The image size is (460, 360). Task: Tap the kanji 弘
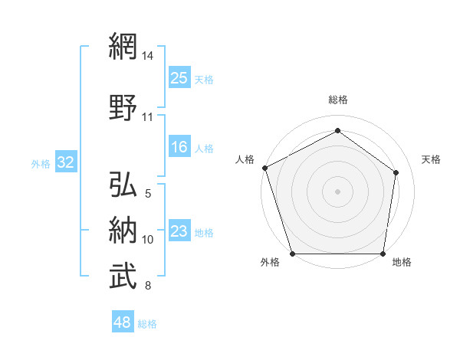(x=123, y=185)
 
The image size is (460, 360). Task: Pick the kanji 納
(x=123, y=230)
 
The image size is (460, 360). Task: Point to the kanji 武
(x=123, y=277)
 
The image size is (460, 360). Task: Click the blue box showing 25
(x=179, y=77)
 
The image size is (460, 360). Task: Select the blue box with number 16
(x=179, y=148)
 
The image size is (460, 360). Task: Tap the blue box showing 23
(x=179, y=232)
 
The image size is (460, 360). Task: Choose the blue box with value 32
(x=65, y=163)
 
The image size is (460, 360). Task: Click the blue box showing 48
(x=123, y=323)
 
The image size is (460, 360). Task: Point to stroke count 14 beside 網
(x=148, y=56)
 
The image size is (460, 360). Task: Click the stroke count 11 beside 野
(x=148, y=117)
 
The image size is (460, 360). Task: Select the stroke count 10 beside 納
(x=148, y=240)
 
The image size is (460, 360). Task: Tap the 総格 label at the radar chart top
(x=337, y=100)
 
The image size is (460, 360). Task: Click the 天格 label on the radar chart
(x=431, y=159)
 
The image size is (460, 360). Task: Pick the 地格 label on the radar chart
(x=402, y=263)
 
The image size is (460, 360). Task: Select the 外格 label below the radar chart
(x=270, y=263)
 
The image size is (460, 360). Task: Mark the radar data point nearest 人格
(x=264, y=168)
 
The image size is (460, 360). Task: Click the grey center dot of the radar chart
(x=337, y=191)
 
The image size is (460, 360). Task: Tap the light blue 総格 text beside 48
(x=147, y=324)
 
